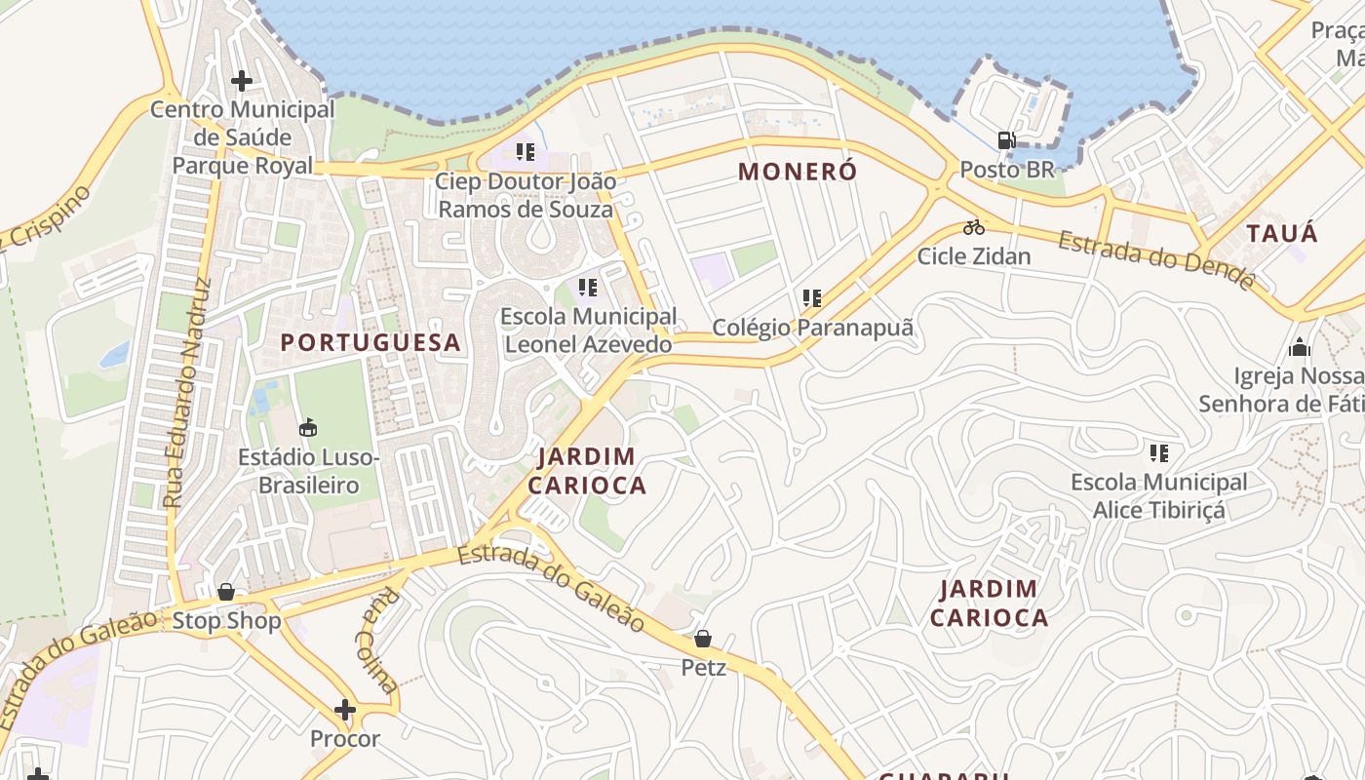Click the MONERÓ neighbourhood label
(x=798, y=172)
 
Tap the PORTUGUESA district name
(x=370, y=342)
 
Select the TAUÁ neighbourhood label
(x=1282, y=233)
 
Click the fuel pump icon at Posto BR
(x=1006, y=140)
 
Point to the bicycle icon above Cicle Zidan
(x=973, y=227)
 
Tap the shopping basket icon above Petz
(x=702, y=640)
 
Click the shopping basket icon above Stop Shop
(x=226, y=592)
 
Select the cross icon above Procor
(x=344, y=710)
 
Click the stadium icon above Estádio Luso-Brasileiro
(x=308, y=427)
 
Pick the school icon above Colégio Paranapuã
(x=812, y=298)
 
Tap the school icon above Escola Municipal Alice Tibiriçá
(x=1158, y=453)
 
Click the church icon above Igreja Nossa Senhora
(x=1299, y=347)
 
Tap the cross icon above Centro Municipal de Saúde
(x=241, y=81)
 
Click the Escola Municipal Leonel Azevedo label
(x=589, y=331)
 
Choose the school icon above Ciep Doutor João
(x=526, y=152)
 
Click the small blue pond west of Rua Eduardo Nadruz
(x=114, y=353)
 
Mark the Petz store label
(x=703, y=669)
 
